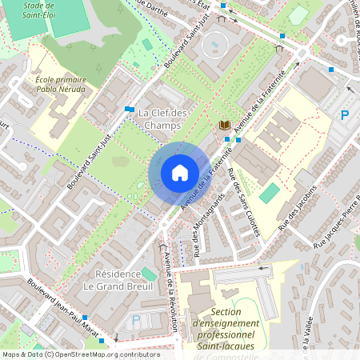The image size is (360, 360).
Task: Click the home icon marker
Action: click(179, 173)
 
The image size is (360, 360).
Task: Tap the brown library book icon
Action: click(225, 126)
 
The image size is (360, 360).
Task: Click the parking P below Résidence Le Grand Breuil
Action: click(135, 320)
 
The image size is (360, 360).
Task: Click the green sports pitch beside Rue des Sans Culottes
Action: click(270, 193)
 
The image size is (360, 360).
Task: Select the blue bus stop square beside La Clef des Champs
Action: click(130, 109)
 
